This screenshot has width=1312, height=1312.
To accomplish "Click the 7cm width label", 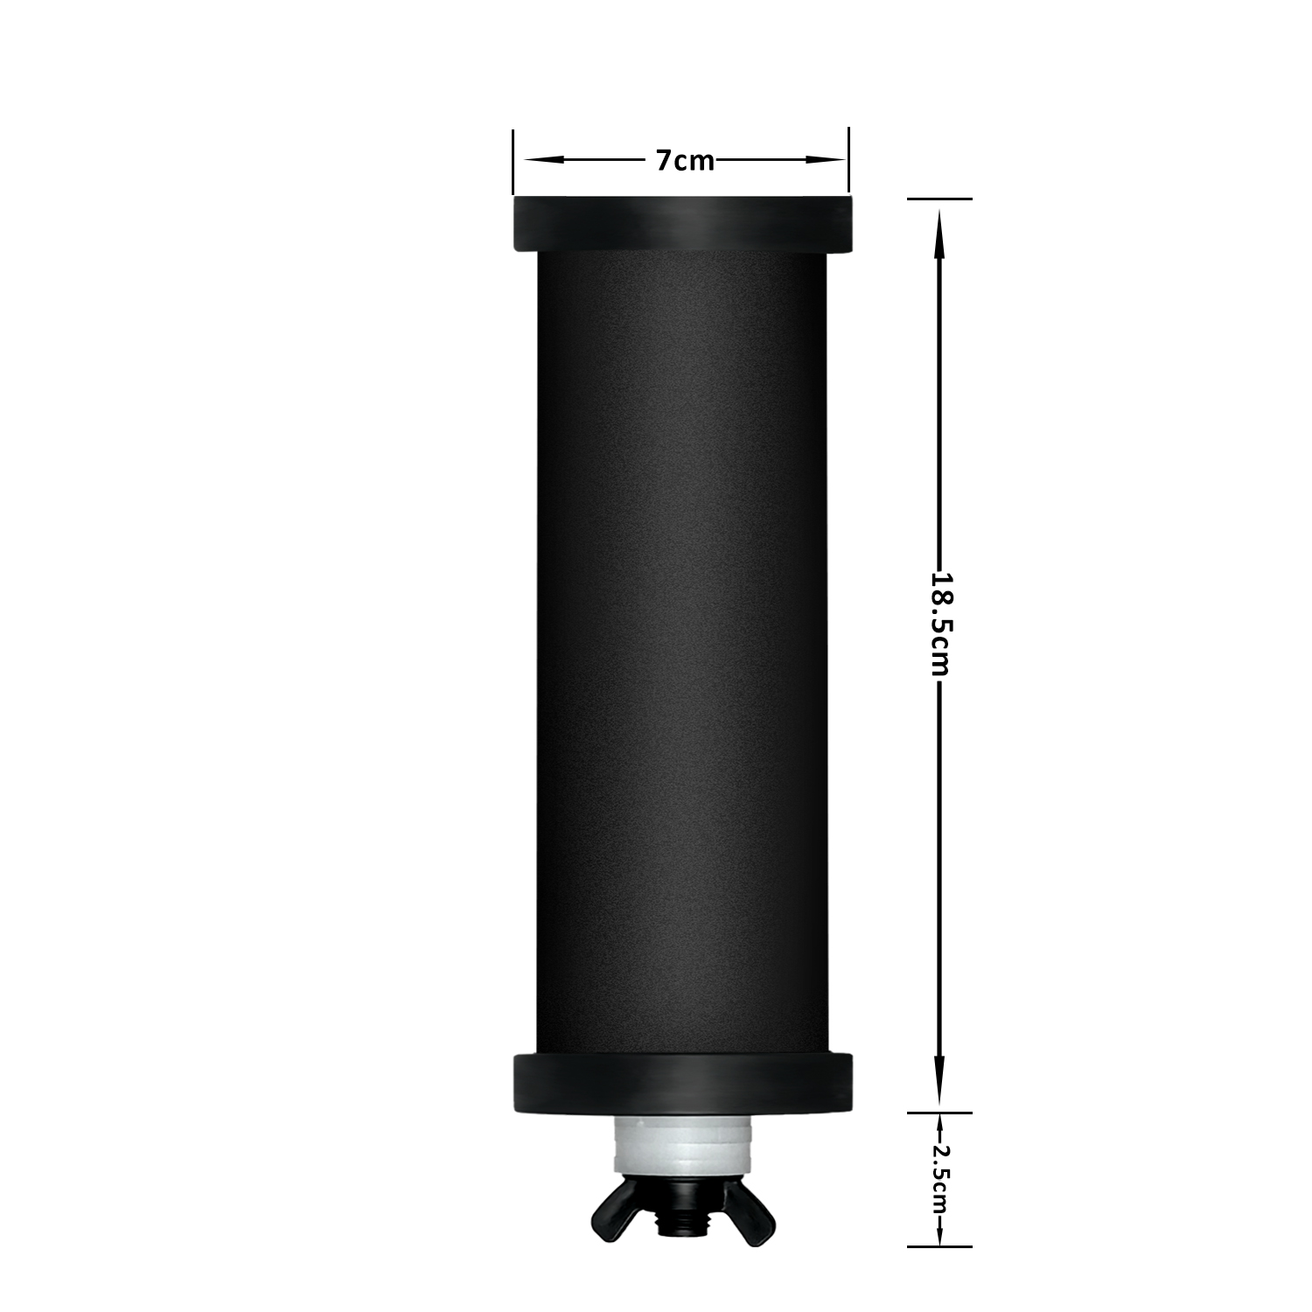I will point(685,161).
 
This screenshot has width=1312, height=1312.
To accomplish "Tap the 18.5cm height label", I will point(940,624).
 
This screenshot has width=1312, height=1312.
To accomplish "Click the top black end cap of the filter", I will point(680,225).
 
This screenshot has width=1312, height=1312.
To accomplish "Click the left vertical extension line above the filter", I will point(513,162).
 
